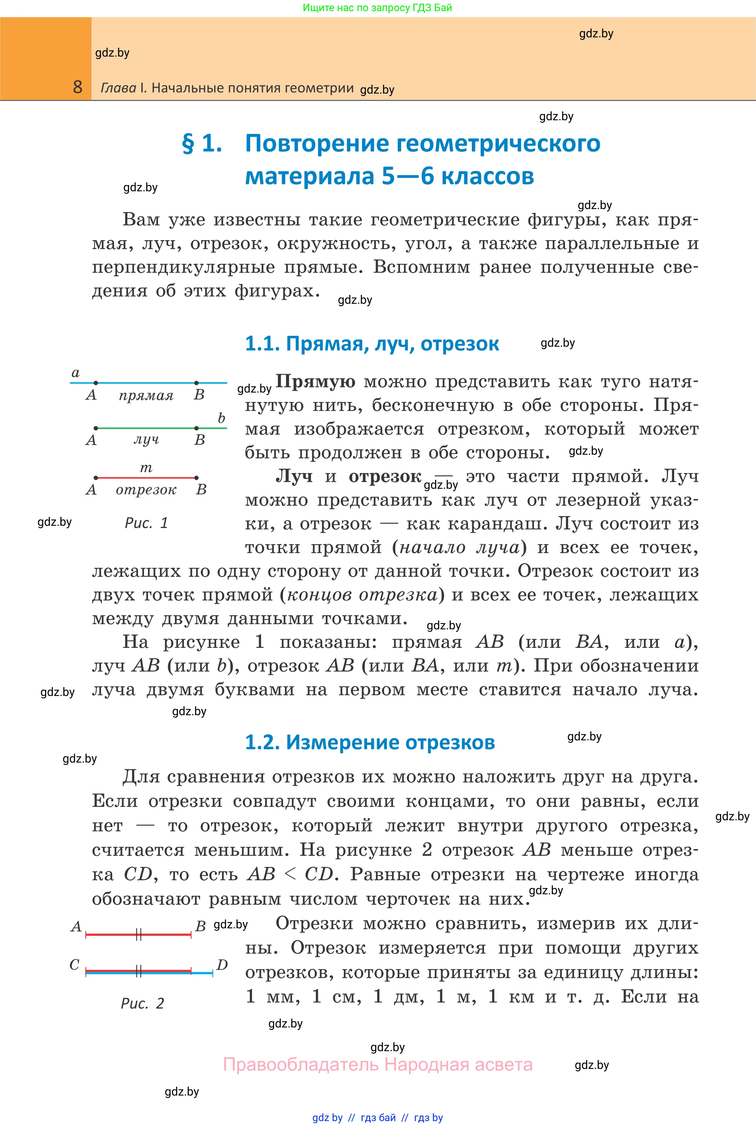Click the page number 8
(x=78, y=87)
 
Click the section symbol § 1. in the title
(x=202, y=144)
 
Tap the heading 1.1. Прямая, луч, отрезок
(x=372, y=344)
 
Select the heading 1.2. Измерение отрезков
(x=370, y=742)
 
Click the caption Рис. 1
(x=146, y=523)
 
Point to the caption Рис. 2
(x=142, y=1003)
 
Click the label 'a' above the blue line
(x=75, y=373)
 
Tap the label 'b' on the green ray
(x=221, y=418)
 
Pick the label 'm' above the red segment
(x=146, y=468)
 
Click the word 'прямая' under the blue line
(x=146, y=396)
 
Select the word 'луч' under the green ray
(x=146, y=440)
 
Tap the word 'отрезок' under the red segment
(x=146, y=490)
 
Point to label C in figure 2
(x=74, y=965)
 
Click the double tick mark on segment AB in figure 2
(x=138, y=935)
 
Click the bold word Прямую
(x=315, y=381)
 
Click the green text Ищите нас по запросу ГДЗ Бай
(x=377, y=8)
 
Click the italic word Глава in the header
(x=118, y=88)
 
